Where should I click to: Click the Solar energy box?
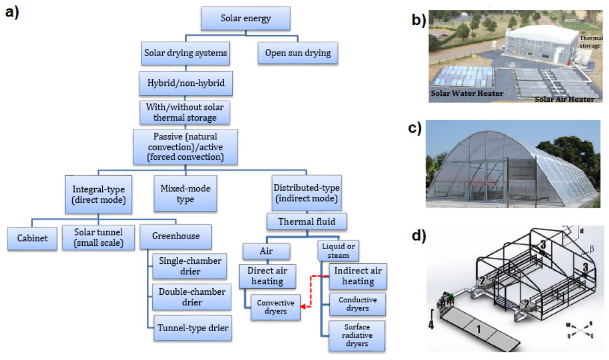(x=245, y=18)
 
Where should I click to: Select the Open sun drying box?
(x=298, y=53)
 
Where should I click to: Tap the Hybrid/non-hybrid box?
(x=186, y=83)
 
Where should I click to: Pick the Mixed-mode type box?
(x=185, y=194)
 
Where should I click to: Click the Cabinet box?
(x=32, y=238)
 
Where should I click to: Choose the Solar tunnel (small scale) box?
(x=99, y=238)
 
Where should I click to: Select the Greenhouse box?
(x=176, y=236)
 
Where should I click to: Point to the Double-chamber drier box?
(x=192, y=297)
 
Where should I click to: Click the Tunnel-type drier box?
(x=193, y=328)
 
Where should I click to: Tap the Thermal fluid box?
(x=307, y=221)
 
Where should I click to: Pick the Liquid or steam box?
(x=339, y=251)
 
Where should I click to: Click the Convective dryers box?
(x=276, y=307)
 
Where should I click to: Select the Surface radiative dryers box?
(x=357, y=336)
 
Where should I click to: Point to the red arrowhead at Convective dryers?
(x=303, y=307)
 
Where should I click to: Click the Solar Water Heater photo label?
(x=467, y=94)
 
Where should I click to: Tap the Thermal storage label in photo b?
(x=590, y=42)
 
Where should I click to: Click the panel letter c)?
(x=415, y=128)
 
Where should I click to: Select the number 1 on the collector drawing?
(x=478, y=329)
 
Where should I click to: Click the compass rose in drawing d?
(x=580, y=330)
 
